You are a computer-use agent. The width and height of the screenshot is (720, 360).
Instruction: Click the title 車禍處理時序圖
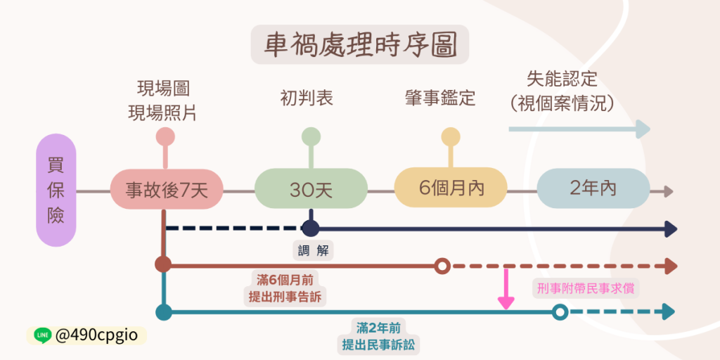point(360,45)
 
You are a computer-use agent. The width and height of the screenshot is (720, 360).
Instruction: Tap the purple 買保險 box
point(56,190)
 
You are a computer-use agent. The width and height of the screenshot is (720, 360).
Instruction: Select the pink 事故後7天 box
point(167,190)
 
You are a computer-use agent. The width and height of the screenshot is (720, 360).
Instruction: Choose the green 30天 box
point(311,190)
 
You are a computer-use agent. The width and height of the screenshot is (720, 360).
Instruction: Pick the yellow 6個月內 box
point(451,188)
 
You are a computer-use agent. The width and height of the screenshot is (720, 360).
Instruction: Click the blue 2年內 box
point(593,188)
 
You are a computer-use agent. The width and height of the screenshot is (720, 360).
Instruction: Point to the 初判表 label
point(307,99)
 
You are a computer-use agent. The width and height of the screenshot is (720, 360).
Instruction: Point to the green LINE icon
point(42,335)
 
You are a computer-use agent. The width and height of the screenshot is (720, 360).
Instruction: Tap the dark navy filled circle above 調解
point(310,229)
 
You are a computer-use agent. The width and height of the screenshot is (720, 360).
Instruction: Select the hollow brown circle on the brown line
point(442,266)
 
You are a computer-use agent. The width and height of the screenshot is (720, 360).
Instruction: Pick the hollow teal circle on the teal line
point(560,312)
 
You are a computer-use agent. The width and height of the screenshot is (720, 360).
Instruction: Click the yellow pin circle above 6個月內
point(450,136)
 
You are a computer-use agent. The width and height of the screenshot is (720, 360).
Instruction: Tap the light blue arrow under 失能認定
point(579,129)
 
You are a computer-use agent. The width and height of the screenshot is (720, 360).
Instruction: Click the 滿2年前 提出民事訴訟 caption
point(381,336)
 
